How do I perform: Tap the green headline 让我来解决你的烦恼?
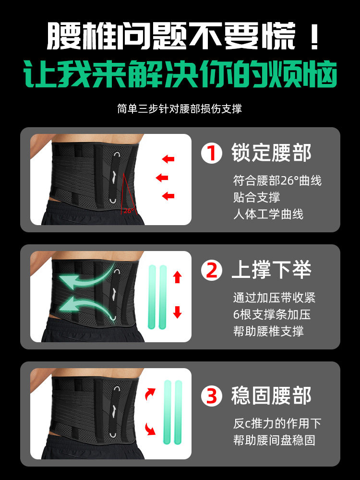coord(180,74)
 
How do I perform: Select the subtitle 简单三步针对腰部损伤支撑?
coord(180,109)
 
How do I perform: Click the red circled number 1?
coord(211,153)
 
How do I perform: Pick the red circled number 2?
coord(211,271)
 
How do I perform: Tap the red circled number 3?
coord(211,396)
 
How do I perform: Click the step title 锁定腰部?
coord(272,153)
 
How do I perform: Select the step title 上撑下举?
coord(272,271)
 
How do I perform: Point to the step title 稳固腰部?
coord(272,396)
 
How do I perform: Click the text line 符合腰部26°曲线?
coord(277,181)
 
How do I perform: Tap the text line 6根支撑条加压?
coord(272,314)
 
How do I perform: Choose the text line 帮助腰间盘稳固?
coord(274,440)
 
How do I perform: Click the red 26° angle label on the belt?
coord(128,210)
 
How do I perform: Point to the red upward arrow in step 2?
coord(178,276)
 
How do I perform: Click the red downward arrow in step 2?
coord(178,312)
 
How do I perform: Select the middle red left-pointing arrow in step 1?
coord(162,178)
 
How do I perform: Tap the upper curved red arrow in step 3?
coord(150,395)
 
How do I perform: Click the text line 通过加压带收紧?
coord(274,298)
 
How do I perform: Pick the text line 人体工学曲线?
coord(268,214)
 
